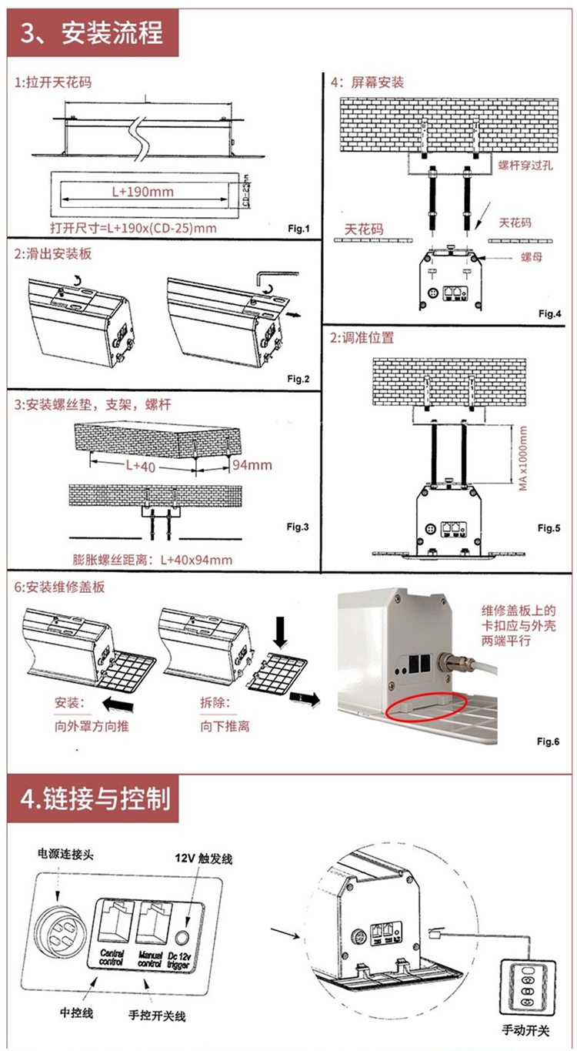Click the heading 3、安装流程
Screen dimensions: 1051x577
click(92, 33)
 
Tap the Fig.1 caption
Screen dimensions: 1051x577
click(297, 229)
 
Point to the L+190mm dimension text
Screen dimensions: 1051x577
click(143, 192)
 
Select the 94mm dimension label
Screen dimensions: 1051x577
click(252, 465)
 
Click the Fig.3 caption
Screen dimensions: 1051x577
click(297, 527)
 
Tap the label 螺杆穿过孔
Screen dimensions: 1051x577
click(525, 165)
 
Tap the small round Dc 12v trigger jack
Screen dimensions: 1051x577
click(182, 937)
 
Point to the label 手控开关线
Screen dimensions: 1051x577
click(158, 1016)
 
